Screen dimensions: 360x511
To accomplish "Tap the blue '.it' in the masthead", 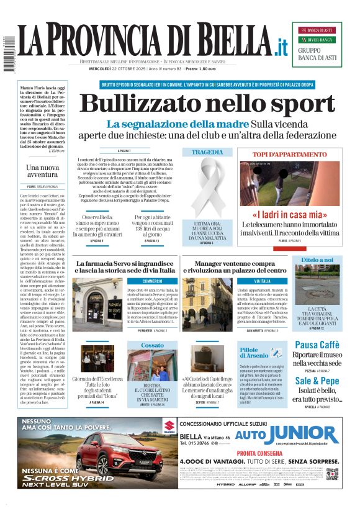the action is click(281, 47).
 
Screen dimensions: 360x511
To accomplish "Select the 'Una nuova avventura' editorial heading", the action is click(43, 171).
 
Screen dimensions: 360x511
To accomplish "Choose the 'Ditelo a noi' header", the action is click(317, 260).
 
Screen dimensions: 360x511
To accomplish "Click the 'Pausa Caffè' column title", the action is click(317, 345).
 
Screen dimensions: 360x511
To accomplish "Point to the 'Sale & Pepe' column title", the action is click(317, 381).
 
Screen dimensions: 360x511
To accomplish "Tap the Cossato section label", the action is click(152, 345).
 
